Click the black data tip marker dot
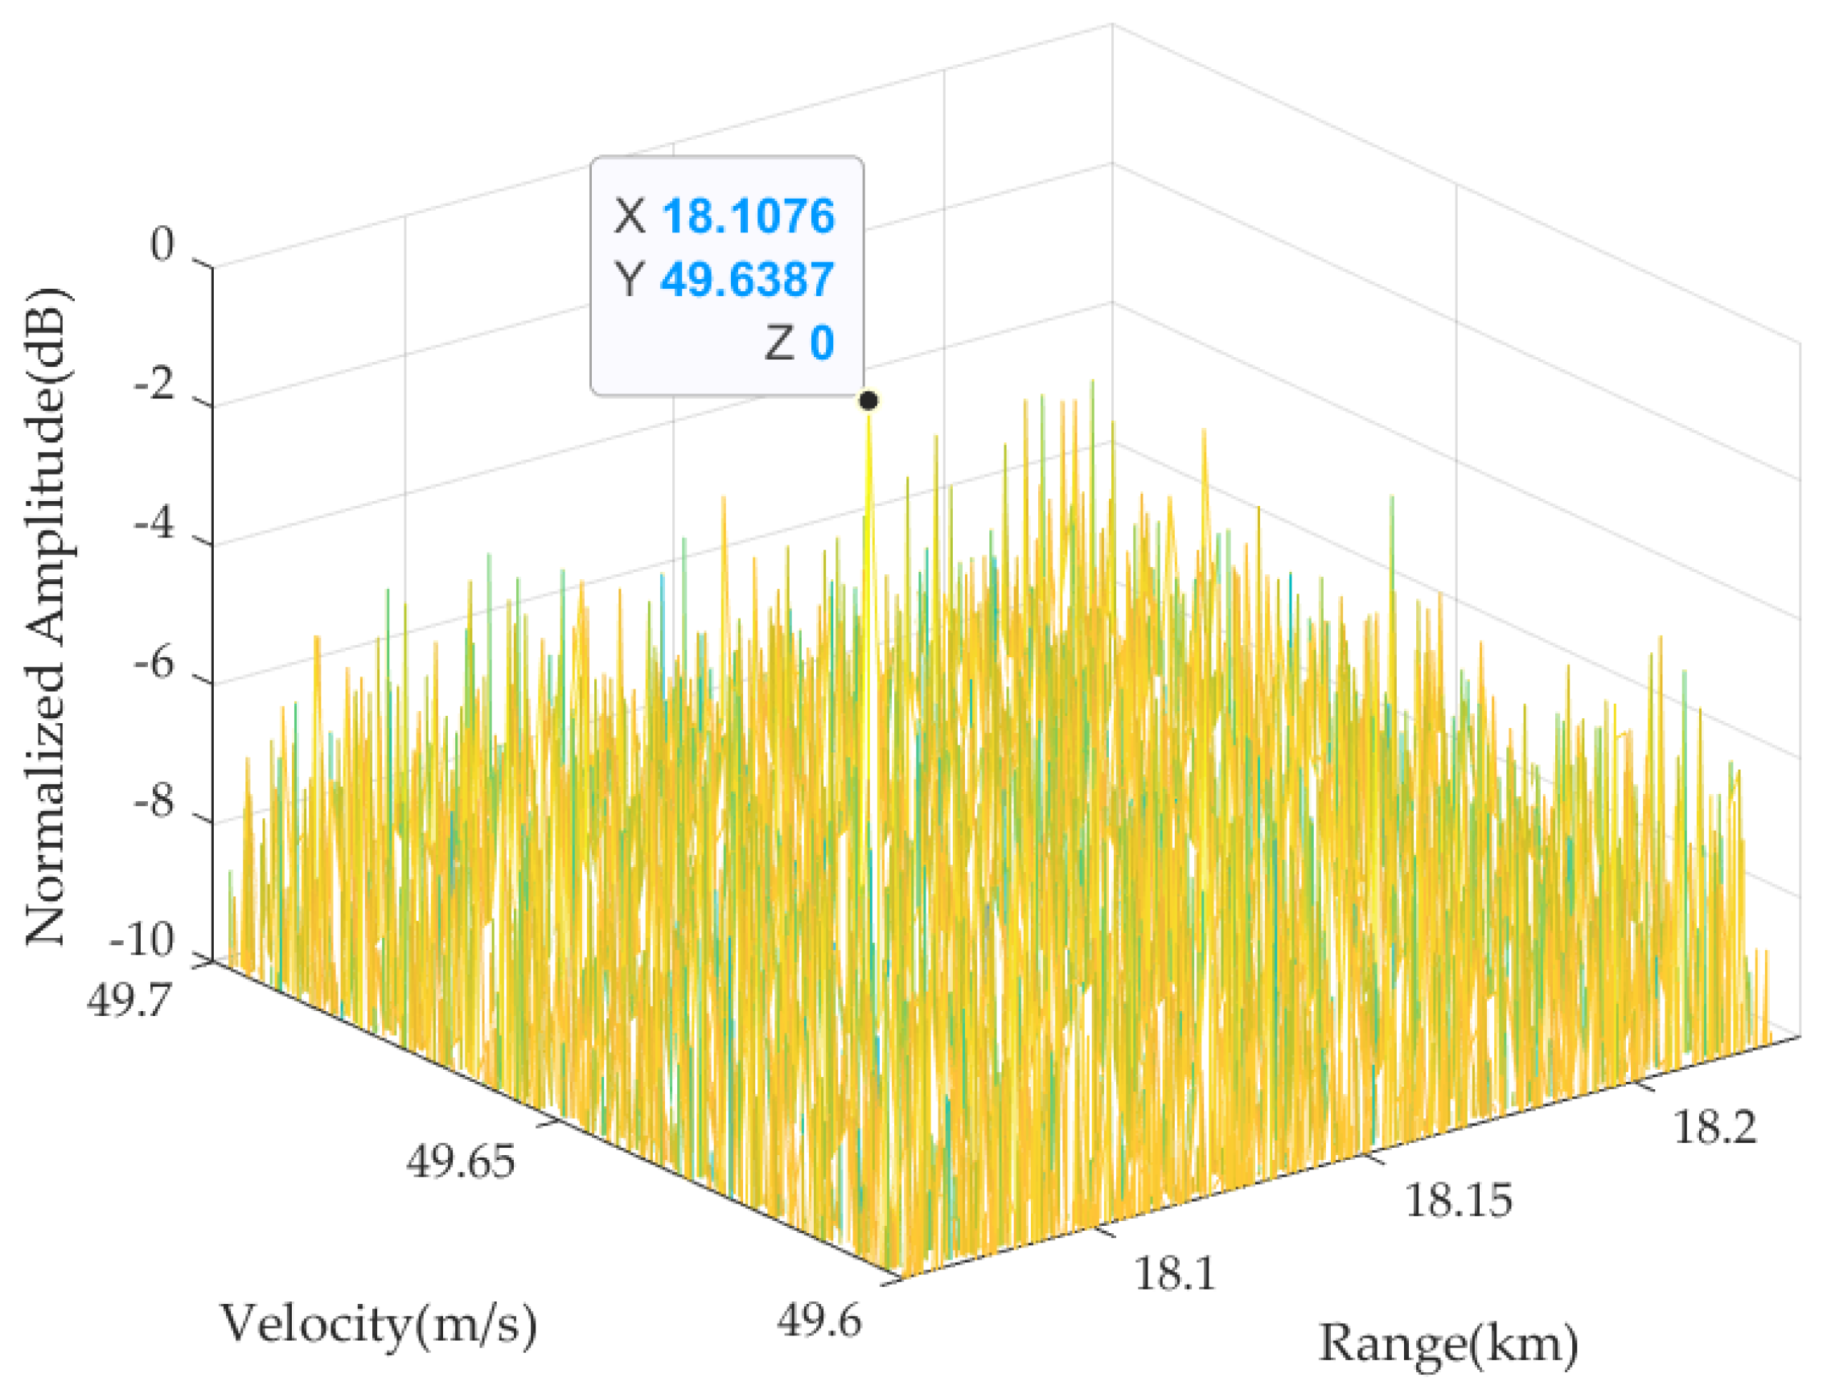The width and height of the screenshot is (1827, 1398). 868,401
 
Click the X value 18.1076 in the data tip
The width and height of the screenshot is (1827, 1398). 748,216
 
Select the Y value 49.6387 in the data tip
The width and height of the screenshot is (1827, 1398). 747,279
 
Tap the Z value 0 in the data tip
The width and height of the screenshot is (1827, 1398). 822,342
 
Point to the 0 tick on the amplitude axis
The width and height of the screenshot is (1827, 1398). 163,244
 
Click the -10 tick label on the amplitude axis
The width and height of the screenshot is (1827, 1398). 142,941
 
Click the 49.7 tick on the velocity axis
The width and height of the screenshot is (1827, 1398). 129,998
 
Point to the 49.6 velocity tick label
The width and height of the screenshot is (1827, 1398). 819,1320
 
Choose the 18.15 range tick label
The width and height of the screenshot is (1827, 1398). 1459,1201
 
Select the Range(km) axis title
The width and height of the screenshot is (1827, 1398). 1448,1344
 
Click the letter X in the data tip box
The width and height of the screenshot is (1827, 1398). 630,216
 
